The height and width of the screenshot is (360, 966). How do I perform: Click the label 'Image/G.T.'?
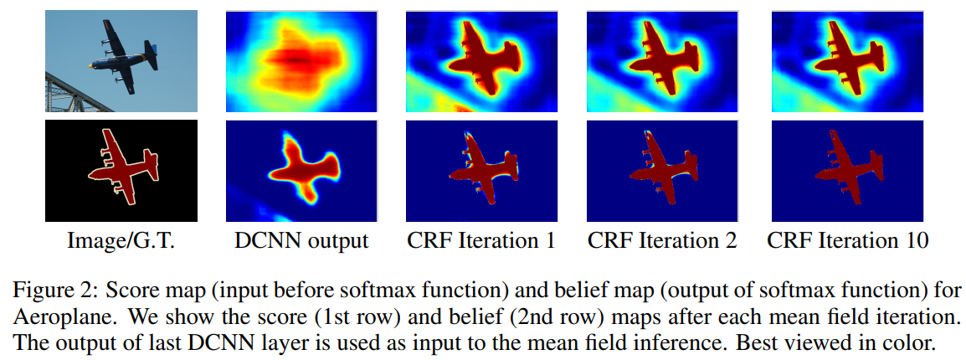[122, 241]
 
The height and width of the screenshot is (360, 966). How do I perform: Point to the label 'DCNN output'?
[302, 241]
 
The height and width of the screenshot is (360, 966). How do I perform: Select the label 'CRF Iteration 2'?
[662, 241]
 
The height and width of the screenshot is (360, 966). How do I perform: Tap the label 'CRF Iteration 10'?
[848, 241]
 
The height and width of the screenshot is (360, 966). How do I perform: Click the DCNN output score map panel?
[301, 61]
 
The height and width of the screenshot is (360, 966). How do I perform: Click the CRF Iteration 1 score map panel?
[482, 61]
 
